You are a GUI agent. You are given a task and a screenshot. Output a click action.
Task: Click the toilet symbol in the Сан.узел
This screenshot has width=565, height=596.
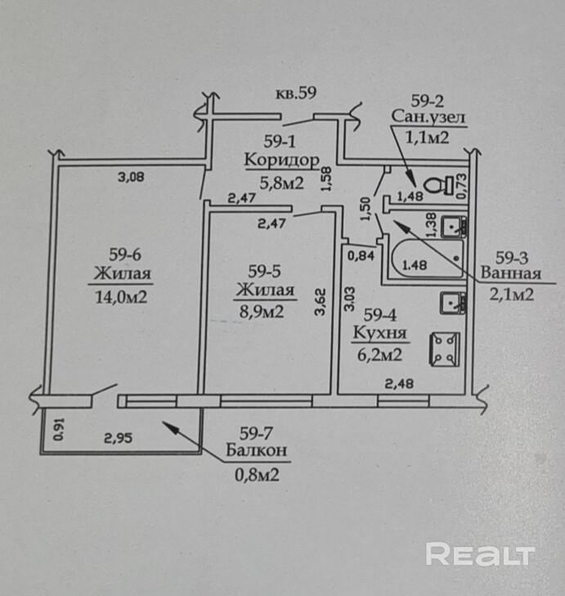point(437,185)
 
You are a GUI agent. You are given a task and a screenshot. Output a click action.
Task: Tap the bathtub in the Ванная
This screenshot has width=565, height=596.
point(428,259)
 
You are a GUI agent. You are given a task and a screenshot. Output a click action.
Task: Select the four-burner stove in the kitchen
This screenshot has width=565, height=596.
point(445,350)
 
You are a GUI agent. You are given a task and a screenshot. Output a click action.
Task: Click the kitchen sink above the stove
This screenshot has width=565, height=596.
point(453,303)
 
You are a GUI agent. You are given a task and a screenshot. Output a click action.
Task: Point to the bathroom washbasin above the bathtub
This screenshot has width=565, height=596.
point(454,227)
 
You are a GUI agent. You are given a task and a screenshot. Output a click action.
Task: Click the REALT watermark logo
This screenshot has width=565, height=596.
point(480,553)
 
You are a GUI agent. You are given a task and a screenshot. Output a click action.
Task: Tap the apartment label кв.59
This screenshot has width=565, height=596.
point(296,93)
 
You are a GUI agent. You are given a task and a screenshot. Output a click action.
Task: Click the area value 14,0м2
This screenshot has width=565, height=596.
point(121,297)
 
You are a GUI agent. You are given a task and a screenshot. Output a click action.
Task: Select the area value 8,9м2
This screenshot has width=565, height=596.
point(262,312)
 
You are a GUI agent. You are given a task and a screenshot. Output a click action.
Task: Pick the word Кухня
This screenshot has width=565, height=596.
point(379,333)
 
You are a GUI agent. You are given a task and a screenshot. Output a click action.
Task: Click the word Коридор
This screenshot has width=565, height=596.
point(282,160)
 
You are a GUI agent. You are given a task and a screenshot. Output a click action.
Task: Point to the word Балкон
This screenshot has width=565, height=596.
point(257,450)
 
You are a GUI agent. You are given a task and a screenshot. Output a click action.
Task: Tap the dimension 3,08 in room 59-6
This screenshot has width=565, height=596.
point(131,177)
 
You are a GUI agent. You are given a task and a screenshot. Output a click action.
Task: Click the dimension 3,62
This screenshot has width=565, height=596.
point(321,302)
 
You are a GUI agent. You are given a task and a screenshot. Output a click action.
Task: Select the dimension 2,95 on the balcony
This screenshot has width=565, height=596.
point(119,438)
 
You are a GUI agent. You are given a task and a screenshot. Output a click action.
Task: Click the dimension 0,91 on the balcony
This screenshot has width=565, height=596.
point(59,430)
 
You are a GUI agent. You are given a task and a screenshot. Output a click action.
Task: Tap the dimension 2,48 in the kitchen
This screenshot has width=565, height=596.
point(399,383)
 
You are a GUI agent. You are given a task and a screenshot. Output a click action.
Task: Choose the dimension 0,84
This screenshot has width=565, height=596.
point(361,255)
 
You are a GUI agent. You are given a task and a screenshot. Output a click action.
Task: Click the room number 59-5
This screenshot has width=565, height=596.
point(265,272)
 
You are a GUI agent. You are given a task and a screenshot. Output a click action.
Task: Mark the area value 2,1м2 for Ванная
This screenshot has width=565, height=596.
point(512,294)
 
